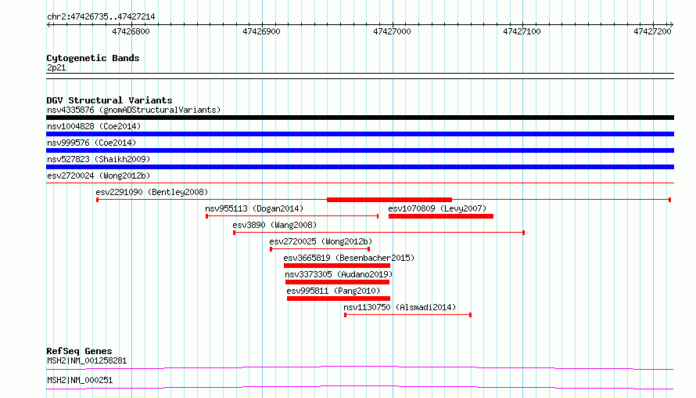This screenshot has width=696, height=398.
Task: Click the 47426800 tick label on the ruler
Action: [131, 31]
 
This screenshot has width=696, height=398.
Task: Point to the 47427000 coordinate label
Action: [392, 31]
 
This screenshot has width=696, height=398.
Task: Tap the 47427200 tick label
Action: [652, 31]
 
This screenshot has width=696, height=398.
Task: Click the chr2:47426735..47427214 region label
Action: [101, 17]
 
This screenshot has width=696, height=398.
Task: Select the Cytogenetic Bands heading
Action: [93, 58]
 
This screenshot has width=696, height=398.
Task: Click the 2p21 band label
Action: [56, 67]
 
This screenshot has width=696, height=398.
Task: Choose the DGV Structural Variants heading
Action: [109, 100]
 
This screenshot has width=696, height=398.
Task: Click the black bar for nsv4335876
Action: [360, 118]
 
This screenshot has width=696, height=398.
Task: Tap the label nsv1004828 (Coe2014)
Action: [94, 126]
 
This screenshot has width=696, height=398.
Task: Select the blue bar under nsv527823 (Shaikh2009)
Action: [360, 167]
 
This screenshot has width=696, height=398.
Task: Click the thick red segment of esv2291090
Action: [389, 200]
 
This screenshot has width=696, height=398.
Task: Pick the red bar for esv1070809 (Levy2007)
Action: [441, 216]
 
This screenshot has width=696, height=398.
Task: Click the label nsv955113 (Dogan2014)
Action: [254, 208]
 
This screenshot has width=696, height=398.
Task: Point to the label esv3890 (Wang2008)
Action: [274, 225]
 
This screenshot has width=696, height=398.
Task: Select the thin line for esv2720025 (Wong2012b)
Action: [320, 249]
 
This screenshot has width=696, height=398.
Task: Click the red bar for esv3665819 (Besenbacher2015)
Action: [337, 266]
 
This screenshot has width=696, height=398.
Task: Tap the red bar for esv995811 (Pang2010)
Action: [339, 298]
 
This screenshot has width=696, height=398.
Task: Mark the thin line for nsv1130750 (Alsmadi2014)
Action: [407, 315]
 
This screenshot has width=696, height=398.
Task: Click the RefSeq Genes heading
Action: [80, 351]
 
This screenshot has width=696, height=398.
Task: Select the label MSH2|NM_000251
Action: [80, 380]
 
